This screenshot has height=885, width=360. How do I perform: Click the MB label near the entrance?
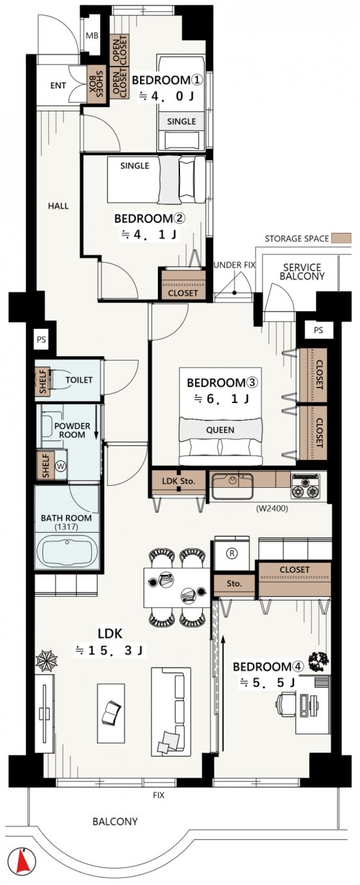pyautogui.click(x=92, y=36)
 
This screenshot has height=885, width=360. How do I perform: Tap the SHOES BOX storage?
pyautogui.click(x=97, y=84)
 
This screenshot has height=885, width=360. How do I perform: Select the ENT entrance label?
pyautogui.click(x=58, y=85)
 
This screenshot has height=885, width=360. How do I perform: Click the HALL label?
pyautogui.click(x=58, y=206)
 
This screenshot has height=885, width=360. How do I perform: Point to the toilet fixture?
pyautogui.click(x=59, y=380)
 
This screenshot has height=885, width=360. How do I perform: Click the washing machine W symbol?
pyautogui.click(x=61, y=466)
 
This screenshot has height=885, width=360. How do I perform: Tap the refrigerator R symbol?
pyautogui.click(x=232, y=554)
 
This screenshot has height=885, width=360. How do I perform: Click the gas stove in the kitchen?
pyautogui.click(x=305, y=487)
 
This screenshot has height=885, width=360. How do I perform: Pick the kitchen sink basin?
pyautogui.click(x=232, y=486)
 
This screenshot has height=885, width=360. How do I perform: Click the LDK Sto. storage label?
pyautogui.click(x=179, y=481)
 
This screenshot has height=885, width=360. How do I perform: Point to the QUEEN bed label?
pyautogui.click(x=220, y=430)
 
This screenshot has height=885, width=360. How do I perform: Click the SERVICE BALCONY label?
pyautogui.click(x=302, y=272)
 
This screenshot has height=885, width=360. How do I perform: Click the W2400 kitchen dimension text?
pyautogui.click(x=272, y=509)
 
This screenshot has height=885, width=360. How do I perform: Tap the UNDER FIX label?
pyautogui.click(x=234, y=265)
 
